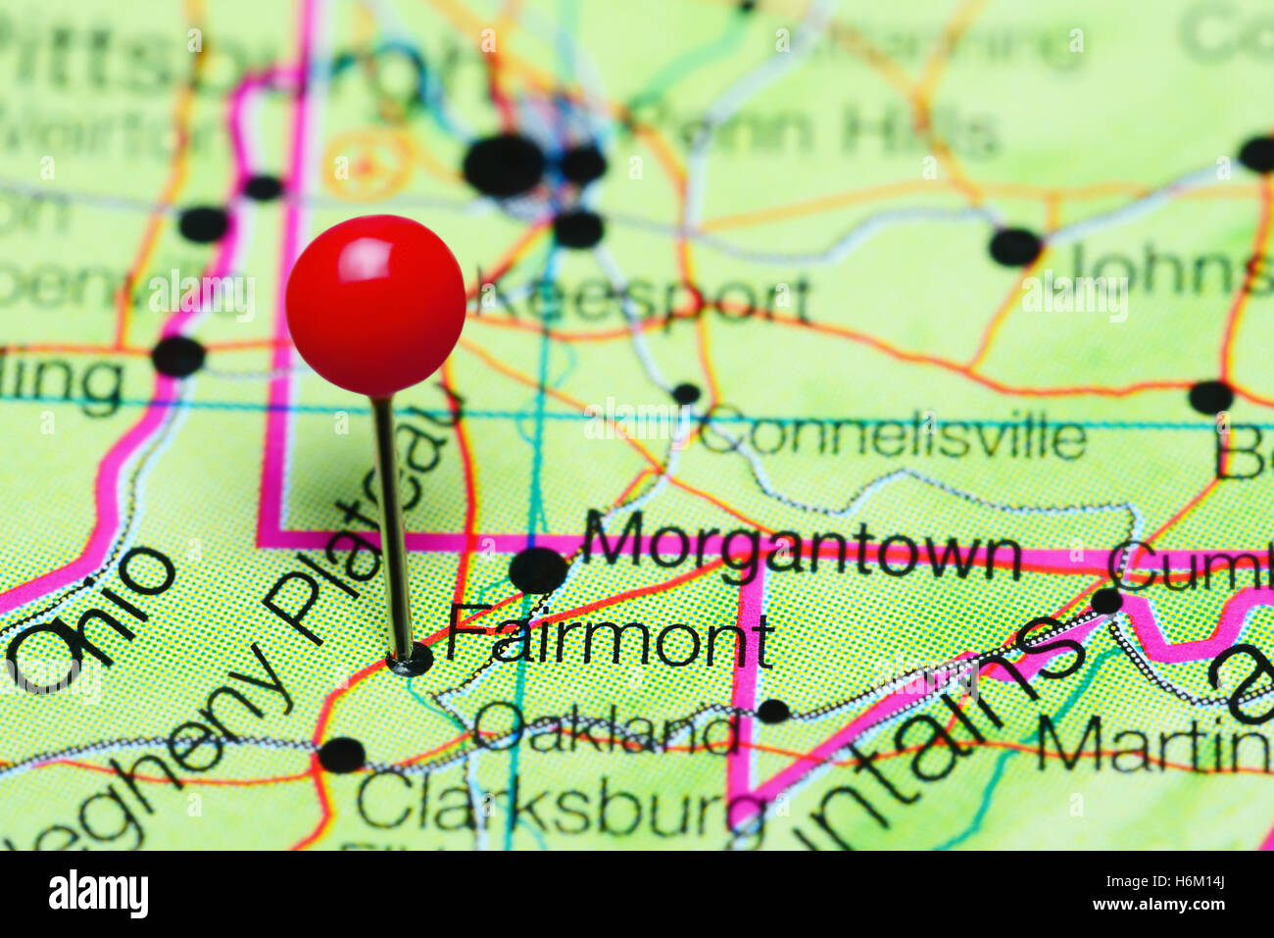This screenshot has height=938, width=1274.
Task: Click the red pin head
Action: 375,305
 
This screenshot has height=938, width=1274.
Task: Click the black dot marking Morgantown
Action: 538,569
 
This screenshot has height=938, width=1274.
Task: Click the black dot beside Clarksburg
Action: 341,755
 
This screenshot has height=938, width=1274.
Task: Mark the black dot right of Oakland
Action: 772,711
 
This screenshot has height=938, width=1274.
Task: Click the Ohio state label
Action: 93,617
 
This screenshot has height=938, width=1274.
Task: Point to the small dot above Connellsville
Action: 686,394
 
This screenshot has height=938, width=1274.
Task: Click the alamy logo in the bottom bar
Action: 98,893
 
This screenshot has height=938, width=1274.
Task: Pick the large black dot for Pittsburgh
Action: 504,165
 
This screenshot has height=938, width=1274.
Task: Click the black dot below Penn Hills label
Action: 1014,246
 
